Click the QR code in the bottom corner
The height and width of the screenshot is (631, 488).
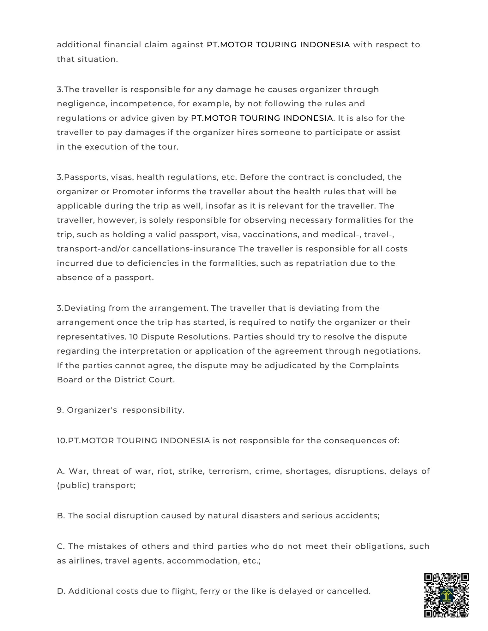click(446, 594)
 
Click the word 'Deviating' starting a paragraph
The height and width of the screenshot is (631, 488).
click(85, 308)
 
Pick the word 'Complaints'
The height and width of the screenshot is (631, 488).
click(374, 365)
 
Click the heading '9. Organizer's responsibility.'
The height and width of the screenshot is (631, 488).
click(120, 410)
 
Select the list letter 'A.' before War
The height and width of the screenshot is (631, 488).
click(61, 471)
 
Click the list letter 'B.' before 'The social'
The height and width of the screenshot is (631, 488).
click(61, 516)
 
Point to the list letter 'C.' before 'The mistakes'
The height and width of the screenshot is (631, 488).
click(61, 546)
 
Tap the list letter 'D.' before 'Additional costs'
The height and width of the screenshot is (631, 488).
click(61, 591)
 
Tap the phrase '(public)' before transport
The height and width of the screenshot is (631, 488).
click(73, 485)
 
